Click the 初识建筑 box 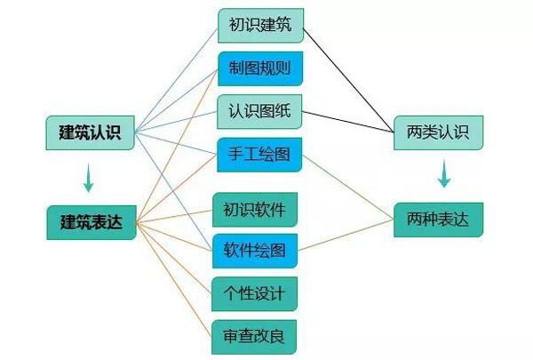pos(261,24)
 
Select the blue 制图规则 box pos(261,68)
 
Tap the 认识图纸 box pos(261,112)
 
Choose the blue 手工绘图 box pos(261,156)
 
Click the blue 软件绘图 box pos(255,252)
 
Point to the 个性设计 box pos(255,293)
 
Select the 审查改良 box pos(255,336)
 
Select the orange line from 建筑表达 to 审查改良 pos(173,279)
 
